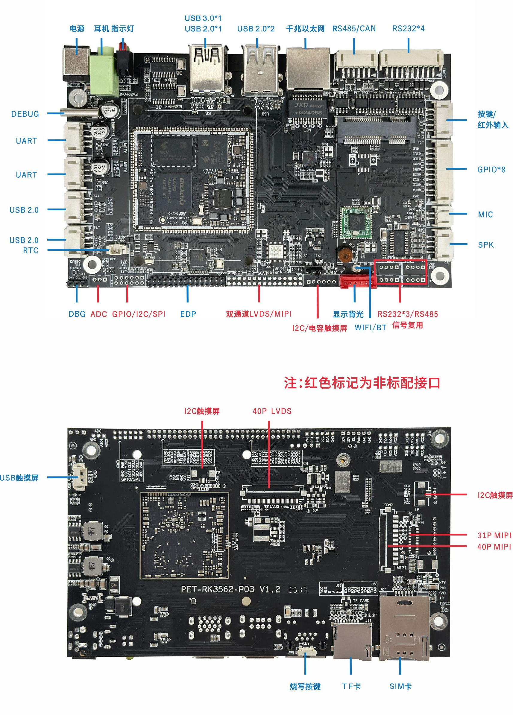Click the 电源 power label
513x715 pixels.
(77, 29)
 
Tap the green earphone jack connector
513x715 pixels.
(105, 74)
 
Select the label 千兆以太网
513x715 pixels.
(305, 29)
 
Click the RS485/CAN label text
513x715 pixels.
(354, 29)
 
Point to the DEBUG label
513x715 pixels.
(25, 114)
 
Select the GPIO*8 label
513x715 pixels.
(491, 170)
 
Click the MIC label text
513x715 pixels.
(485, 214)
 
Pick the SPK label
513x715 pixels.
(485, 245)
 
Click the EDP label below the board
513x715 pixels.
(188, 314)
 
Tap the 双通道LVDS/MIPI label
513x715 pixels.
(259, 314)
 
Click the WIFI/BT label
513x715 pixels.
(370, 328)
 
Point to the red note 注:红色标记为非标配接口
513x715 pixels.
(362, 383)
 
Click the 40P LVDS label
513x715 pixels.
(272, 411)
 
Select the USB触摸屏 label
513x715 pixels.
(19, 477)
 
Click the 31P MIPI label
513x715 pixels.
(494, 535)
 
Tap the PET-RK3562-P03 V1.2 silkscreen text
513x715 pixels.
(230, 590)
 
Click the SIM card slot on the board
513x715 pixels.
(403, 628)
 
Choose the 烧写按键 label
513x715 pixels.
(305, 686)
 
